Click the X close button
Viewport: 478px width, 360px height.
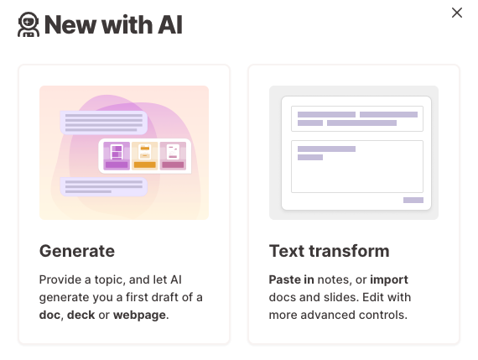pos(457,13)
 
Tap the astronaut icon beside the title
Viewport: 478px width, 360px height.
pos(29,24)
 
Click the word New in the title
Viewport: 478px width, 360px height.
pos(70,24)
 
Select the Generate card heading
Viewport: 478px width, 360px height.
pos(77,251)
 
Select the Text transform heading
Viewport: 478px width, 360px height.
pos(330,251)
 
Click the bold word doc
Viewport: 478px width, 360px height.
pos(49,315)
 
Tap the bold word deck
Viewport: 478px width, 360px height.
pos(81,315)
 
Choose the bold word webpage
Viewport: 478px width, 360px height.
pos(139,316)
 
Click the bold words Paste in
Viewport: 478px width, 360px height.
pos(292,279)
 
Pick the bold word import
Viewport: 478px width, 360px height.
pos(389,280)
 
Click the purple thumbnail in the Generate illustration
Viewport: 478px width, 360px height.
pos(117,156)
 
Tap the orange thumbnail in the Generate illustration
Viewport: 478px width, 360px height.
pos(145,156)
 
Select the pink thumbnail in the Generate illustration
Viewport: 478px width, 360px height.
pos(173,156)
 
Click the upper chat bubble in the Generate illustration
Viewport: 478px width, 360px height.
pos(104,123)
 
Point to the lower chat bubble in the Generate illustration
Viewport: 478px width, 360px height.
pos(104,186)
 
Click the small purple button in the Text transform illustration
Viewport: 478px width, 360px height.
pos(413,200)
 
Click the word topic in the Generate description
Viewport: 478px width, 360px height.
pos(110,280)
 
